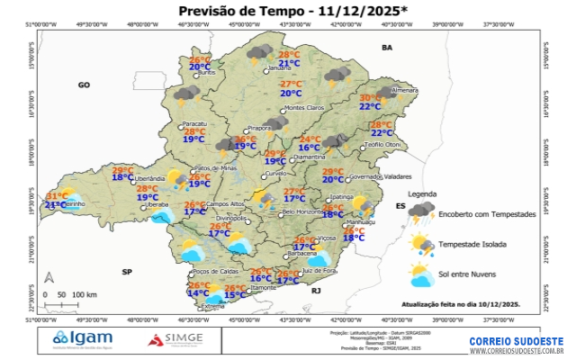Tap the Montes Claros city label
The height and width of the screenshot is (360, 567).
[303, 109]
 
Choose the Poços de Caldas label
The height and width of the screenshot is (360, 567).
[215, 271]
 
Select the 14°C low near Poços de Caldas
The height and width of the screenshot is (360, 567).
[198, 293]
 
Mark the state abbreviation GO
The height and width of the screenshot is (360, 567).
[85, 85]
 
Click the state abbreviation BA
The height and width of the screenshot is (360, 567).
[388, 47]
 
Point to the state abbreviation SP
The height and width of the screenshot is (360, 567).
[127, 271]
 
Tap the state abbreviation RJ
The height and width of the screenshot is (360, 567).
[316, 292]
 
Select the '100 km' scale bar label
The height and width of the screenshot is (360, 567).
[85, 294]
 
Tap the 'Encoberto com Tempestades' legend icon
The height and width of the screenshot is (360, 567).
[421, 214]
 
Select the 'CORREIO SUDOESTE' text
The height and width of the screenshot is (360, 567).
[516, 341]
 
